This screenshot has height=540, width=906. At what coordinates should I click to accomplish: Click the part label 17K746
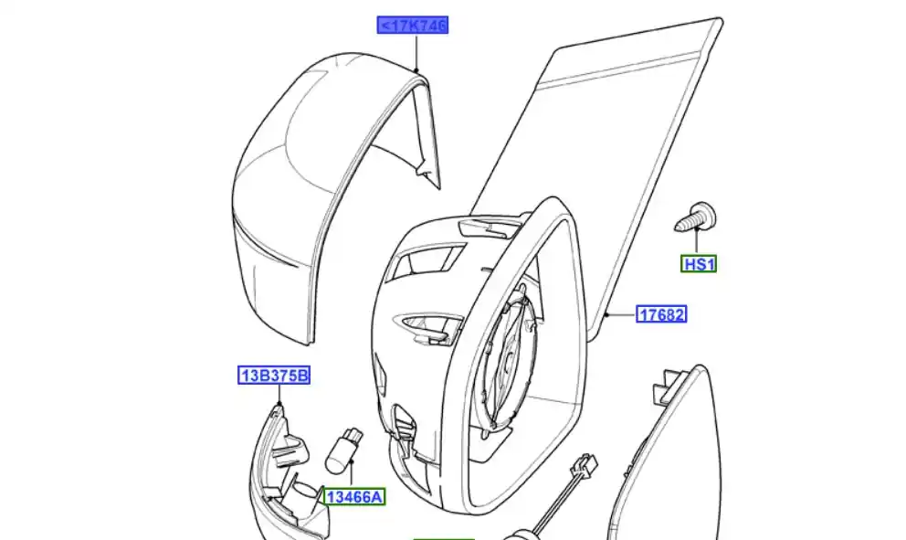click(413, 26)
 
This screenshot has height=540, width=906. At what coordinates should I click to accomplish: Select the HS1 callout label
click(700, 264)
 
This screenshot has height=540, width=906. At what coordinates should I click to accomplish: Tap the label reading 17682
click(661, 314)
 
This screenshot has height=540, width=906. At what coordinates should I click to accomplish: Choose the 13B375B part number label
click(275, 376)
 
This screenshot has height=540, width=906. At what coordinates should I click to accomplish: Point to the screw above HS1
click(696, 217)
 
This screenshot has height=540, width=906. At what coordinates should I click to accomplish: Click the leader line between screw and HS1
click(696, 243)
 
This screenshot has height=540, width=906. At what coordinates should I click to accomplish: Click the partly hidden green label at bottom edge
click(444, 536)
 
